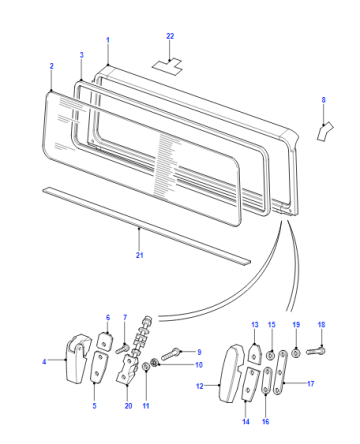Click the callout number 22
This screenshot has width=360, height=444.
pos(170,36)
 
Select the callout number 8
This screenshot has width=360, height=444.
pos(323,100)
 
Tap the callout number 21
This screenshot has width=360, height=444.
pos(139,255)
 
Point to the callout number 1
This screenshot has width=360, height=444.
pos(108,40)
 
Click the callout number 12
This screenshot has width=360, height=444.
pos(200,386)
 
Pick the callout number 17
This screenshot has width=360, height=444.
pos(311,384)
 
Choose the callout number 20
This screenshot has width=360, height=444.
pos(128,406)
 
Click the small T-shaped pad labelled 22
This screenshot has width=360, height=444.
pos(167,66)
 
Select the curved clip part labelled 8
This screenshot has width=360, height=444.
pos(325,131)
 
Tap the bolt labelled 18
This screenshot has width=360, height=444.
pos(316,351)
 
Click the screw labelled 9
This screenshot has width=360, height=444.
pos(171,354)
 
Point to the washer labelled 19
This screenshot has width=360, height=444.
pos(296,353)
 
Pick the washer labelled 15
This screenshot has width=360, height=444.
pos(271,355)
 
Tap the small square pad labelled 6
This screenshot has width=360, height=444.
pos(104,340)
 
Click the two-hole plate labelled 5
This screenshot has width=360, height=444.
pos(98,367)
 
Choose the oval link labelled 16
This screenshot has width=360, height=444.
pos(267,381)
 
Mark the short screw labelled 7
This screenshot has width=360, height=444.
pos(122,349)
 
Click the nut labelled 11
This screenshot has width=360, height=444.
pos(146,367)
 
